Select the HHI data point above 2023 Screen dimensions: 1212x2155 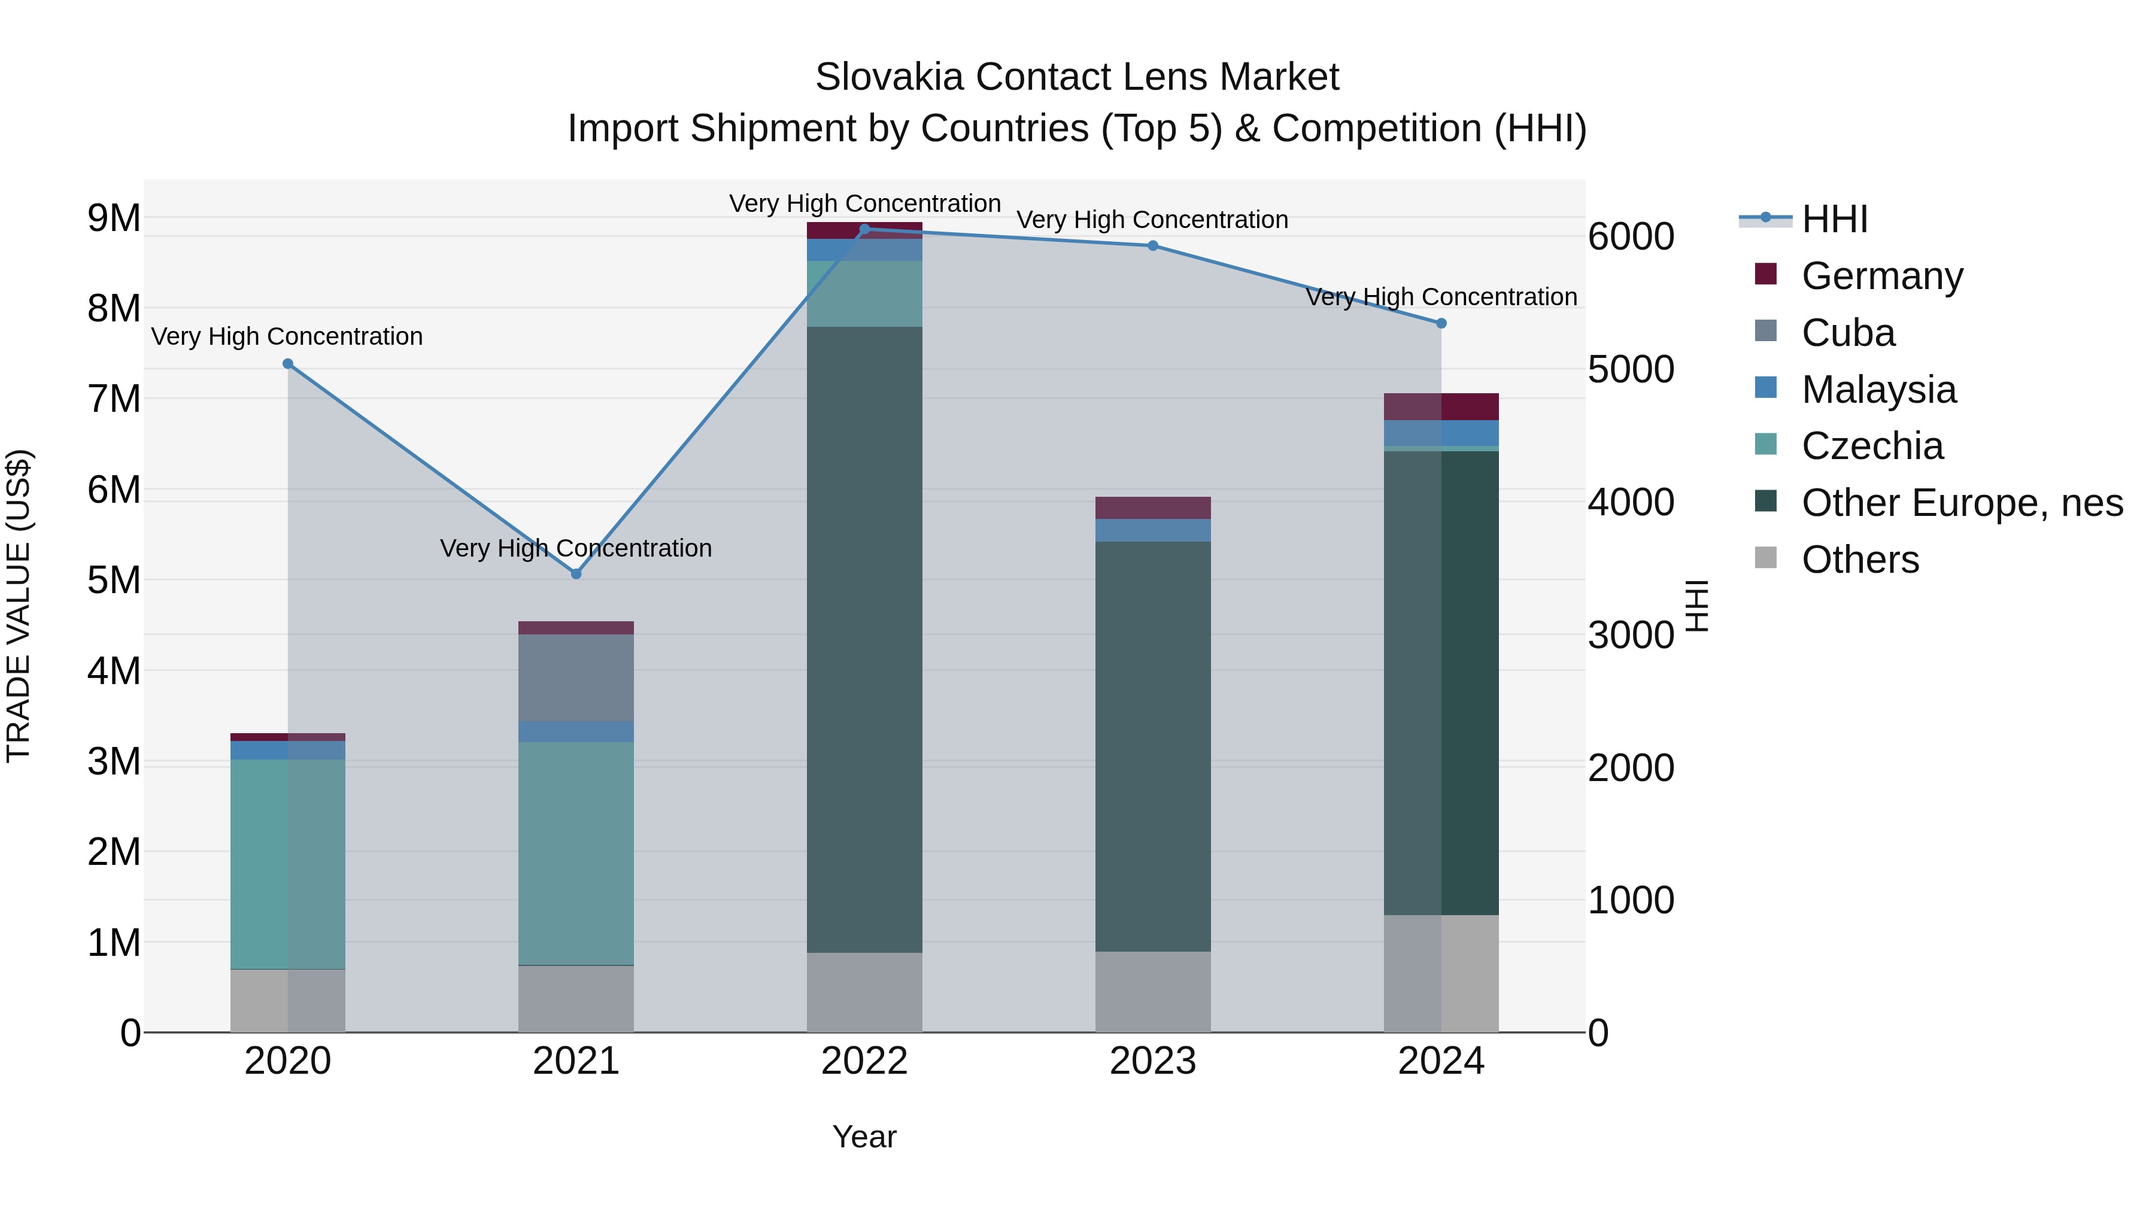click(1153, 246)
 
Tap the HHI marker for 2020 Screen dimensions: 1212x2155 click(288, 364)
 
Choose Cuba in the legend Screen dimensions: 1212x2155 click(1847, 333)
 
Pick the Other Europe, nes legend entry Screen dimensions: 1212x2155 click(1961, 503)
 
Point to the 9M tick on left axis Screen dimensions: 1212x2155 click(114, 218)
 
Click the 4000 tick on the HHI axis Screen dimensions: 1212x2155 click(1631, 503)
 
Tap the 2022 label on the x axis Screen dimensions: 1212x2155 click(864, 1061)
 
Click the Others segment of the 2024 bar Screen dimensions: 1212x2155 click(1441, 974)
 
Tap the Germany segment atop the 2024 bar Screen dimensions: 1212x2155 click(1441, 406)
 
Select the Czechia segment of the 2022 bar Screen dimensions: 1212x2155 click(864, 293)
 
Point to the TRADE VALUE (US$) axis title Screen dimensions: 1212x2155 click(19, 606)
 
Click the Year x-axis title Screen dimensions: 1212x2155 click(864, 1137)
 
